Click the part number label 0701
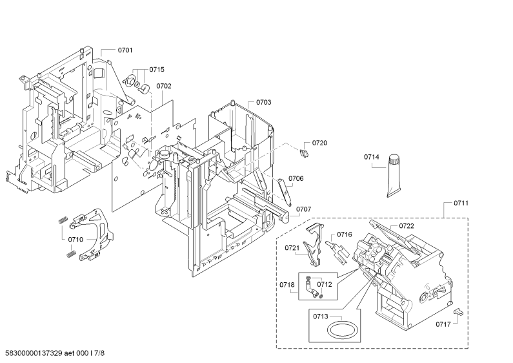pyautogui.click(x=125, y=50)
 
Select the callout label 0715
pyautogui.click(x=157, y=70)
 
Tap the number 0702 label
pyautogui.click(x=164, y=86)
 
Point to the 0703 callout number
pyautogui.click(x=263, y=102)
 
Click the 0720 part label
pyautogui.click(x=319, y=143)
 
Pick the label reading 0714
pyautogui.click(x=371, y=157)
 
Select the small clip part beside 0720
pyautogui.click(x=304, y=152)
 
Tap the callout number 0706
pyautogui.click(x=296, y=178)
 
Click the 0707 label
pyautogui.click(x=304, y=209)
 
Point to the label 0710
pyautogui.click(x=75, y=240)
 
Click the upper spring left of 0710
pyautogui.click(x=63, y=220)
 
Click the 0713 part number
pyautogui.click(x=320, y=316)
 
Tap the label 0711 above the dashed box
pyautogui.click(x=461, y=203)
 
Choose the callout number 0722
pyautogui.click(x=407, y=225)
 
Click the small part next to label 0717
pyautogui.click(x=459, y=311)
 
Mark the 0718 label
pyautogui.click(x=287, y=285)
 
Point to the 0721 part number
pyautogui.click(x=292, y=248)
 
